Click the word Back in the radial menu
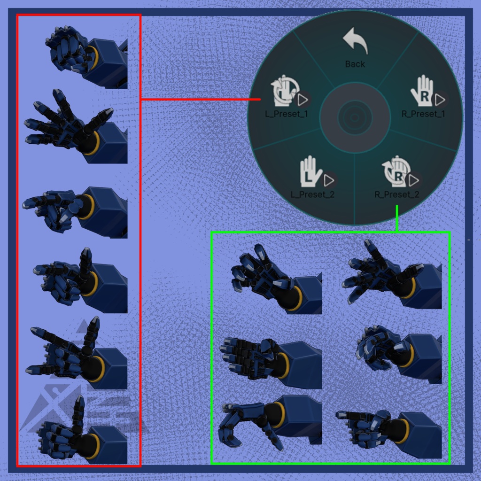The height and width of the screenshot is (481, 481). tap(355, 64)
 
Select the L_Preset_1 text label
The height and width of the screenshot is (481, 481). tap(286, 114)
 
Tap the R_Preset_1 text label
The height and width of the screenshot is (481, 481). tap(423, 114)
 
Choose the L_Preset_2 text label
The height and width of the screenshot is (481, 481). tap(312, 194)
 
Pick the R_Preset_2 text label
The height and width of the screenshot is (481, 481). tap(396, 194)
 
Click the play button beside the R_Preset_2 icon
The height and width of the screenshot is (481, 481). tap(414, 181)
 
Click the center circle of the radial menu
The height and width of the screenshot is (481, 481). tap(355, 117)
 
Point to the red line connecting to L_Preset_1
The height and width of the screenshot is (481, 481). tap(201, 100)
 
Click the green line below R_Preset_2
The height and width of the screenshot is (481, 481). tap(397, 218)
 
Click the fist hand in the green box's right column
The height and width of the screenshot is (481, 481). tap(399, 354)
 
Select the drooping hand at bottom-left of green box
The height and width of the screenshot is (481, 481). tap(270, 423)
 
